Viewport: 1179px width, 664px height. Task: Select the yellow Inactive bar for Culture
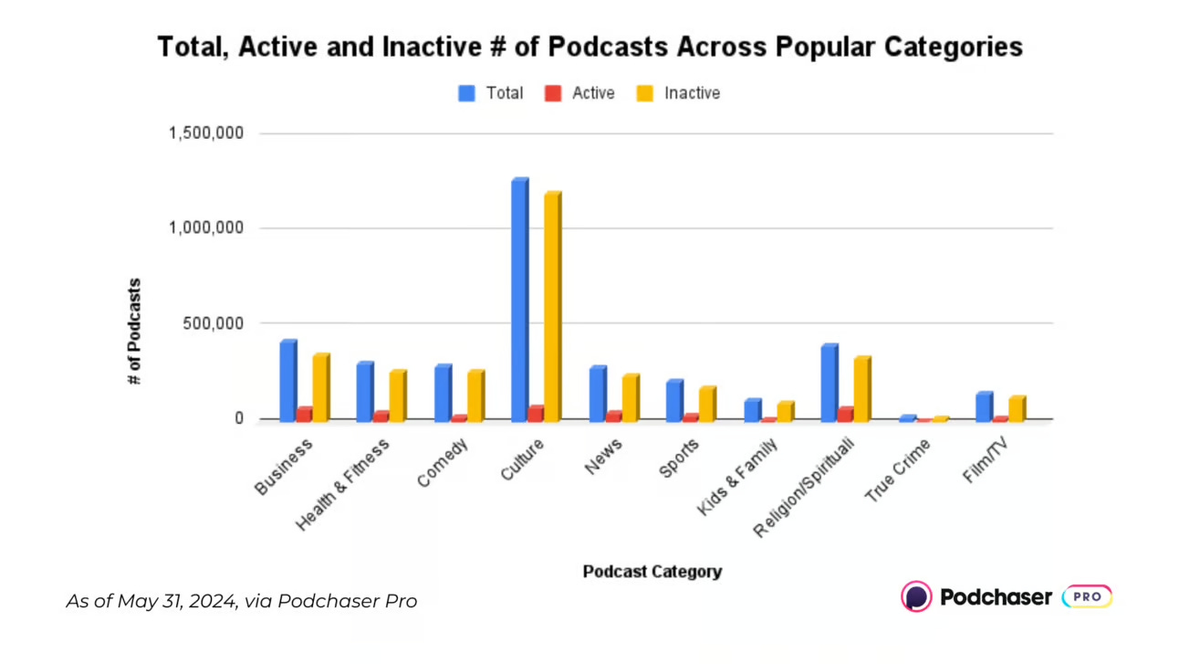tap(552, 306)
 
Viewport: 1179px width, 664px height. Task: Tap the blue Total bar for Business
tap(287, 380)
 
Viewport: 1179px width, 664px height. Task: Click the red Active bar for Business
tap(304, 414)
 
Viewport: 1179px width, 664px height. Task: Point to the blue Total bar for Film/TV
tap(984, 406)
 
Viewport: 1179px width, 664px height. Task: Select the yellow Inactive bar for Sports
tap(707, 403)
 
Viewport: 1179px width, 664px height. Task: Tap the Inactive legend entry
tap(679, 93)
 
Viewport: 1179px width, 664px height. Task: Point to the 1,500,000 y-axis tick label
tap(205, 133)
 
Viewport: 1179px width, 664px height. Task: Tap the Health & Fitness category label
tap(343, 484)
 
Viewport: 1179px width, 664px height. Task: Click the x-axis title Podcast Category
tap(652, 572)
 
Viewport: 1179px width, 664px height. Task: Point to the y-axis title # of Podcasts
tap(135, 331)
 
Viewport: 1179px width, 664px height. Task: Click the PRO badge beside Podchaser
tap(1087, 596)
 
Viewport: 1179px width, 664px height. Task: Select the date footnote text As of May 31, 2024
tap(241, 601)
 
